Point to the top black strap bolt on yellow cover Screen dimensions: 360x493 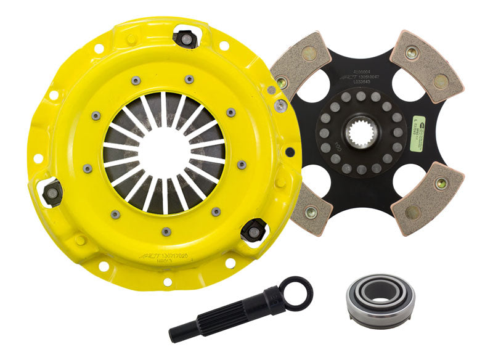185,38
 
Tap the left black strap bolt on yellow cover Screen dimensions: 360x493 53,192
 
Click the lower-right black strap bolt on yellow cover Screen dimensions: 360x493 253,229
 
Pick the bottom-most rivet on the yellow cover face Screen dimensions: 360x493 165,232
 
